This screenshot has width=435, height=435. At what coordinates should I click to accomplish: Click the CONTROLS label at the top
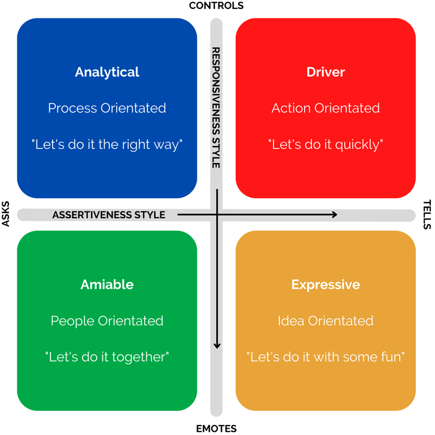216,6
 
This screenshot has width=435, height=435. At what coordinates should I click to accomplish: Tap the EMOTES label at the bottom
216,429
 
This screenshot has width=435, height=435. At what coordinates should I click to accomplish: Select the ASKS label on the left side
6,214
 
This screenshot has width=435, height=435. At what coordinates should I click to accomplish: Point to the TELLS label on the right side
427,214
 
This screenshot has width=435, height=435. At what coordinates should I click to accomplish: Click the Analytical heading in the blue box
107,72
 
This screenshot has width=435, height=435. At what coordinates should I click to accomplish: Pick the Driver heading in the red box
326,72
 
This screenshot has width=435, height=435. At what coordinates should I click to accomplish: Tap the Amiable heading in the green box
107,285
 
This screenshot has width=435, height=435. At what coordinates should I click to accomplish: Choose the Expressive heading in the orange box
326,285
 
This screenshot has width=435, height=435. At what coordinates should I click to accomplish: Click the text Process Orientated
107,108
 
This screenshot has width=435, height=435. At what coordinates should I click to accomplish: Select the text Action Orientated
326,108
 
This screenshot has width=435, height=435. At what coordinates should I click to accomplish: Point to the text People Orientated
107,321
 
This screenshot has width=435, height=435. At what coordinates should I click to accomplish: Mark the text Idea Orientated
326,321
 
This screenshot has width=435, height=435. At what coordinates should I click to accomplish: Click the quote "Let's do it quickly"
326,145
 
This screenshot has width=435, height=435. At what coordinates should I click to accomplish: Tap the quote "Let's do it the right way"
107,145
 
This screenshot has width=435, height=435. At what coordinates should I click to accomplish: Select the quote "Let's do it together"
107,357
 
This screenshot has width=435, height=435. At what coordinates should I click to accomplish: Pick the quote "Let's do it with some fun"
326,357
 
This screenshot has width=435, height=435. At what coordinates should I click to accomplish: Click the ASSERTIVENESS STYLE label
109,215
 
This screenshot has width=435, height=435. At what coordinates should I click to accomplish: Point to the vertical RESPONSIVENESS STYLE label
216,108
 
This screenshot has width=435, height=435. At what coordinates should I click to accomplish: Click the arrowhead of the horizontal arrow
334,215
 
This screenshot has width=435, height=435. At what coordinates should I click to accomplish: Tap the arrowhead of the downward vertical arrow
217,346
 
